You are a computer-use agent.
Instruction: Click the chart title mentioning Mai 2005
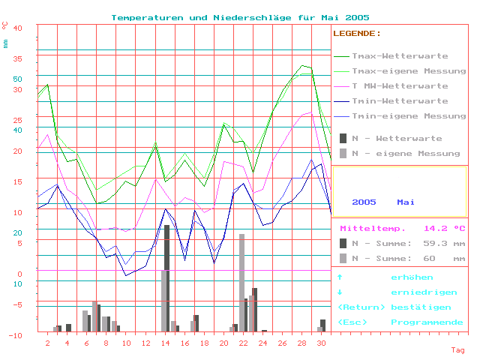(x=240, y=16)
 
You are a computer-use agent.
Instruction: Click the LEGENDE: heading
(x=357, y=34)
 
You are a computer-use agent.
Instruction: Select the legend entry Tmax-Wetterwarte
(x=400, y=56)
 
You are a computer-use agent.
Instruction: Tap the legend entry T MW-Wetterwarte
(x=400, y=86)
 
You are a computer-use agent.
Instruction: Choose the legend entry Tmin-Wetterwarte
(x=400, y=101)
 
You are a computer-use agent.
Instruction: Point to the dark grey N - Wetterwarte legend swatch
(x=343, y=138)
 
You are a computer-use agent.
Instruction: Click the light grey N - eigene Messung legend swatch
(x=343, y=153)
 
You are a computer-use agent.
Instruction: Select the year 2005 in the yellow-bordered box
(x=364, y=202)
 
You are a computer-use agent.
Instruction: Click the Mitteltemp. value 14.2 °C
(x=445, y=229)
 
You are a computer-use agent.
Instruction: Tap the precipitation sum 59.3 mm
(x=445, y=244)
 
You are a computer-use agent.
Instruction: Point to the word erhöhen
(x=411, y=277)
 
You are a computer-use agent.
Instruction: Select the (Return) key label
(x=362, y=307)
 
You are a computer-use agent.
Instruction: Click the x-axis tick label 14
(x=165, y=343)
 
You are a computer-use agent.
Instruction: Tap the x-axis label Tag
(x=457, y=350)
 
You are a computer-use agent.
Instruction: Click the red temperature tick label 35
(x=18, y=58)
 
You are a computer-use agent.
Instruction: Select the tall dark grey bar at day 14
(x=166, y=277)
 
